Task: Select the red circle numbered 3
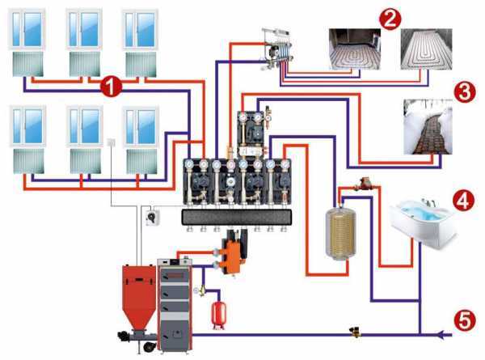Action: (x=464, y=91)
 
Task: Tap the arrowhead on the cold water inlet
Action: (x=440, y=332)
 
